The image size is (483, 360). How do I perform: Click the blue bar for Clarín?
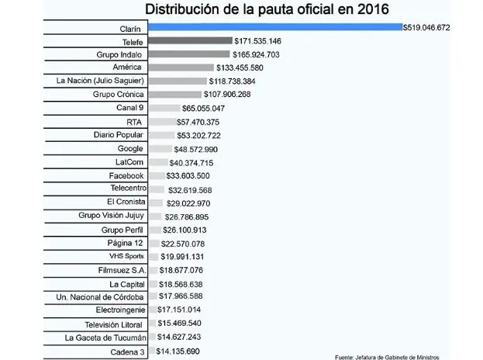pos(274,26)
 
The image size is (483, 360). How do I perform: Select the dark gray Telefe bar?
pos(190,40)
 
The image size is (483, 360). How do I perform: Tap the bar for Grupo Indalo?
pos(188,54)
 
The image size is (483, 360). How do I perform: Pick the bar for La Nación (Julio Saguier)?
pos(177,81)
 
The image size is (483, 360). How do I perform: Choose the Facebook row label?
pos(125,175)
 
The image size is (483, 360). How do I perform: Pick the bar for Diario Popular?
pos(161,135)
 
